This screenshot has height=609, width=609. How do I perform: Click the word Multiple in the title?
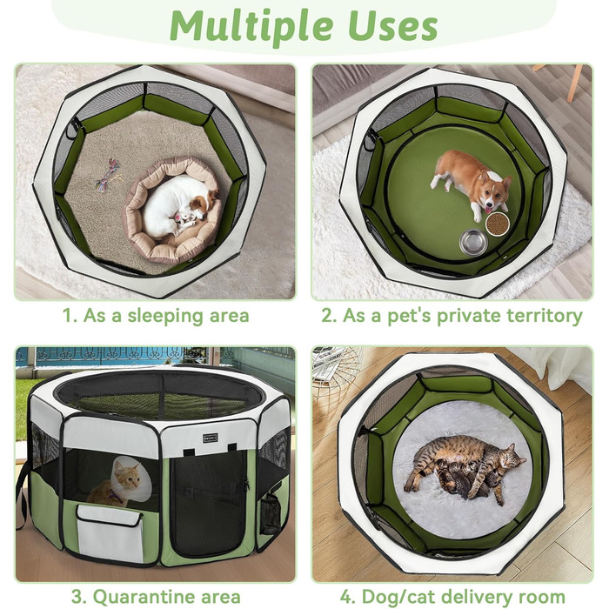click(251, 25)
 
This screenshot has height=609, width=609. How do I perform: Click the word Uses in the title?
click(393, 25)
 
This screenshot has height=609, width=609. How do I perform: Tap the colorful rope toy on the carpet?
click(110, 173)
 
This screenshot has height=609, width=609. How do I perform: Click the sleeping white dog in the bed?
click(177, 206)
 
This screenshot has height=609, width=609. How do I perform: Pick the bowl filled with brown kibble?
click(498, 224)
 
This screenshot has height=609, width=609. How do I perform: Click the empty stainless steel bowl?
click(473, 243)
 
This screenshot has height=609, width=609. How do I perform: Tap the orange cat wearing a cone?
click(117, 482)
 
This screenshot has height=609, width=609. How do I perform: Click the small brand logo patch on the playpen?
click(211, 438)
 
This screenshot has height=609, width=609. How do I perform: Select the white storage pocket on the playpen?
click(110, 533)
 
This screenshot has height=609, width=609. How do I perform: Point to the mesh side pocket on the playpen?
click(271, 512)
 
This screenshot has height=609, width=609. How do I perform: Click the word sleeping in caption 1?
click(166, 316)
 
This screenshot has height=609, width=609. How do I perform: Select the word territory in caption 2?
click(545, 315)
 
